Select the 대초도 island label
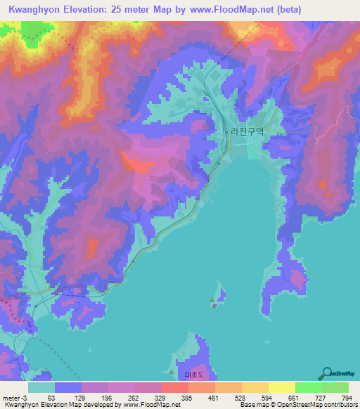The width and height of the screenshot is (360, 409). pos(194,375)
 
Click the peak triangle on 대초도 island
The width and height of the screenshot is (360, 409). pos(173,372)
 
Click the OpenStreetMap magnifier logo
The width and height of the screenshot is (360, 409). pos(326,373)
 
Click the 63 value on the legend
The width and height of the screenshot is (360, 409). pos(51,397)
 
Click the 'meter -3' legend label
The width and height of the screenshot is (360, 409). pos(15,397)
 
